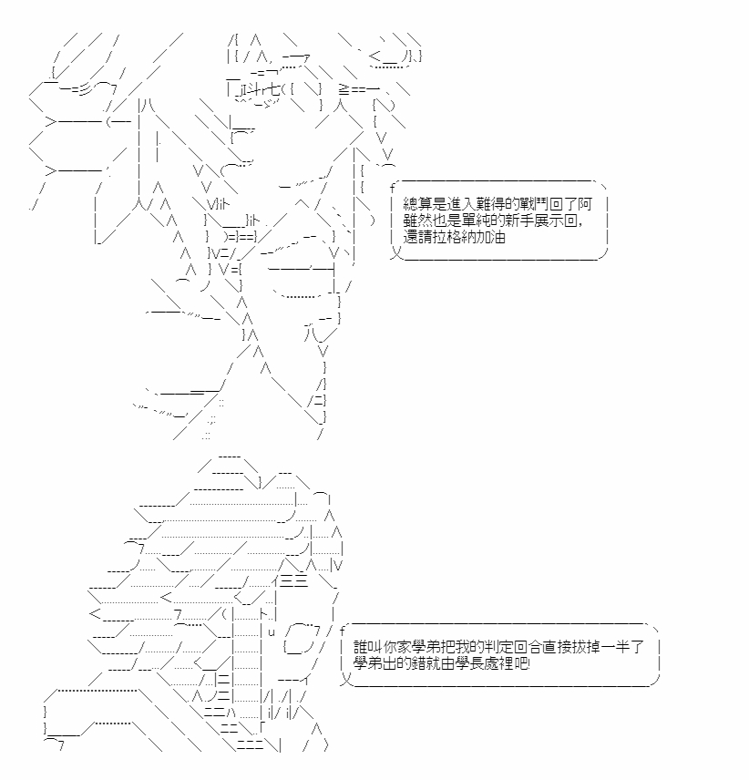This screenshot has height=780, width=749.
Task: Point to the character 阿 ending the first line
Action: [585, 204]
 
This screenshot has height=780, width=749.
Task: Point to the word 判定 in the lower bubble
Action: [498, 647]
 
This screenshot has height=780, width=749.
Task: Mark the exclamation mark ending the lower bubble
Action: [529, 663]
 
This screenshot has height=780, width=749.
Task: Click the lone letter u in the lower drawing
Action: [272, 632]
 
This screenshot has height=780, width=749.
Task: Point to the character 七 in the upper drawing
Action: [273, 89]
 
